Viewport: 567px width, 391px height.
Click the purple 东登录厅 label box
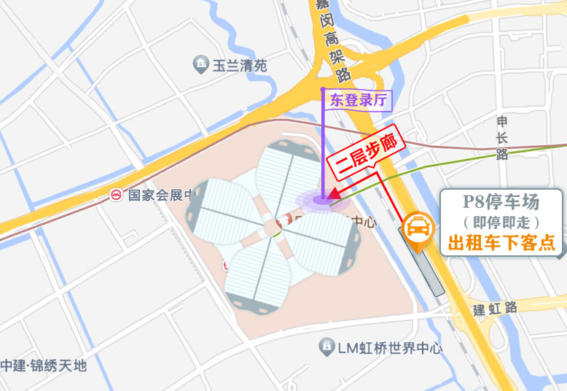pyautogui.click(x=359, y=101)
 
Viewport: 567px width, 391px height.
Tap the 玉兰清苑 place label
pyautogui.click(x=239, y=65)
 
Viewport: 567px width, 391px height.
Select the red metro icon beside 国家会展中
pyautogui.click(x=116, y=195)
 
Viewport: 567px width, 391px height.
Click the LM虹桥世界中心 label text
pyautogui.click(x=390, y=348)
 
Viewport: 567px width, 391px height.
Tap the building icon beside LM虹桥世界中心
pyautogui.click(x=327, y=347)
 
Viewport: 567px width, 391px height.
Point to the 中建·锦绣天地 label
pyautogui.click(x=44, y=365)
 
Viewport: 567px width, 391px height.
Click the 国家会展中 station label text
pyautogui.click(x=160, y=195)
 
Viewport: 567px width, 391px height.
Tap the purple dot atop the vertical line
pyautogui.click(x=323, y=90)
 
